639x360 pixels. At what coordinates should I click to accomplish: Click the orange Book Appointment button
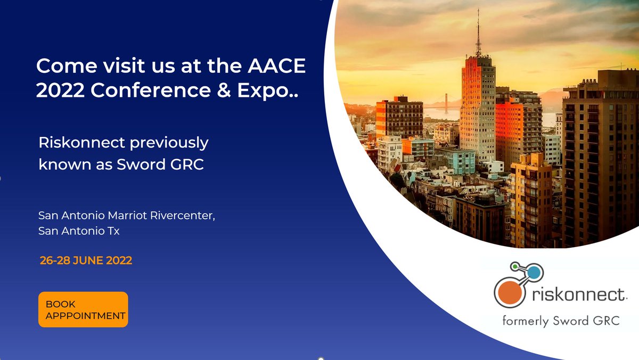tap(83, 309)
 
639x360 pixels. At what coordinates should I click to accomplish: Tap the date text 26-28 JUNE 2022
tap(86, 261)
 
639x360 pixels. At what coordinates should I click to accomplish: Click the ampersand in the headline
tap(217, 91)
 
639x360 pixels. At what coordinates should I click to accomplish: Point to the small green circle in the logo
tap(514, 265)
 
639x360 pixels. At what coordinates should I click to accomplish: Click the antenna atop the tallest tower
tap(478, 32)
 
